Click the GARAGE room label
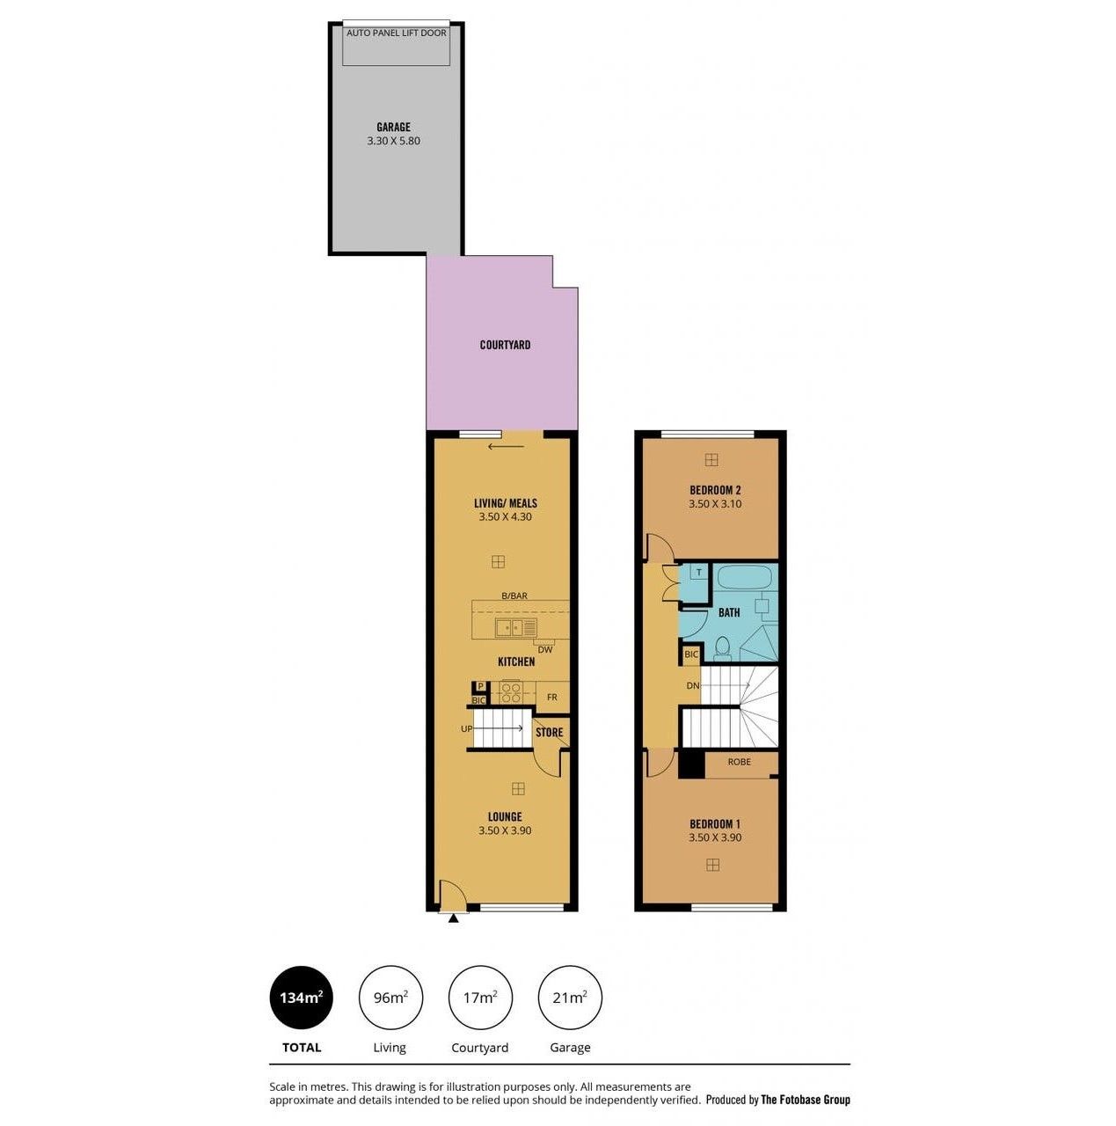pyautogui.click(x=392, y=127)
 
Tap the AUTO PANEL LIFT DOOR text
pyautogui.click(x=396, y=33)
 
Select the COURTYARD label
pyautogui.click(x=505, y=345)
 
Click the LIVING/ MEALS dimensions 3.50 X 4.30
pyautogui.click(x=505, y=516)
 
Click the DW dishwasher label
pyautogui.click(x=544, y=649)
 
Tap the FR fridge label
pyautogui.click(x=551, y=697)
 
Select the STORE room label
pyautogui.click(x=550, y=732)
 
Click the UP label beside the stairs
pyautogui.click(x=466, y=728)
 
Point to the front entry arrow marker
pyautogui.click(x=454, y=918)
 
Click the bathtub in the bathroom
pyautogui.click(x=744, y=577)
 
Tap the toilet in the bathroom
pyautogui.click(x=722, y=648)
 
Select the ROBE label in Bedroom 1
pyautogui.click(x=739, y=762)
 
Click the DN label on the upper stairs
pyautogui.click(x=692, y=685)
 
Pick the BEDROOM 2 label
pyautogui.click(x=715, y=490)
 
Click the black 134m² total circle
pyautogui.click(x=301, y=998)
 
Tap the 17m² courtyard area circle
pyautogui.click(x=479, y=998)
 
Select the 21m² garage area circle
pyautogui.click(x=570, y=998)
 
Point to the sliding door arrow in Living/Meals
pyautogui.click(x=506, y=447)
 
